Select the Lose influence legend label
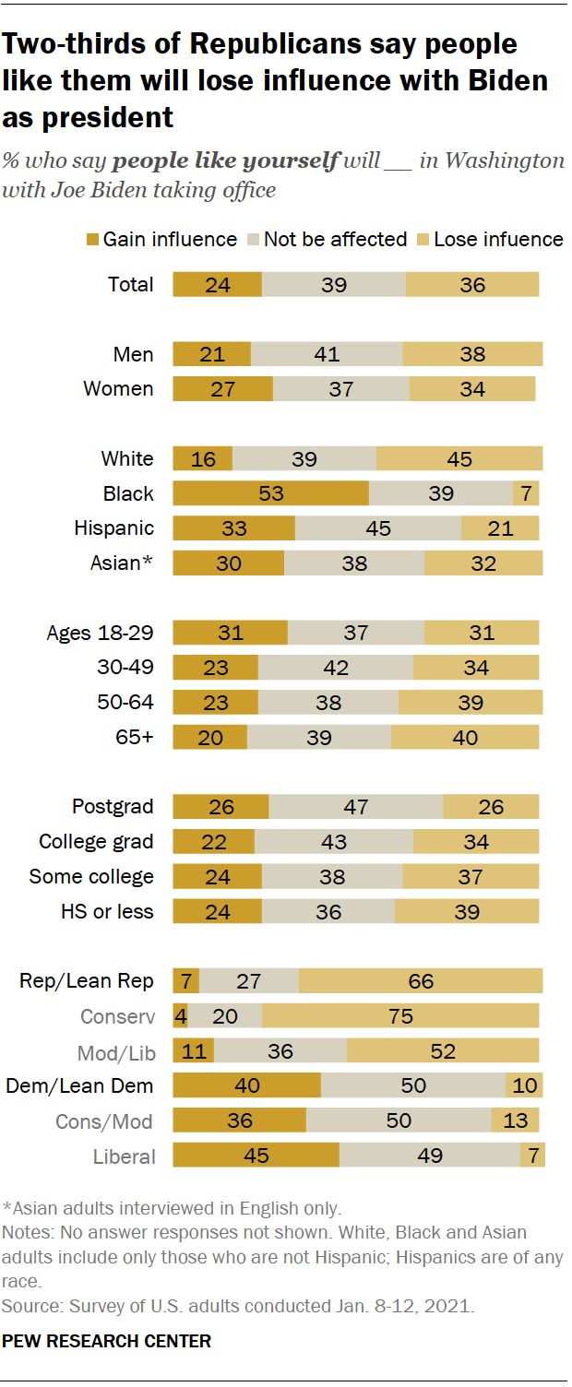click(x=498, y=240)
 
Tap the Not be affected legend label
click(x=335, y=240)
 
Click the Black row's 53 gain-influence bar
click(x=270, y=493)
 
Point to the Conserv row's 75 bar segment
click(x=400, y=1016)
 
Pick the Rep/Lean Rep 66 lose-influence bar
click(x=421, y=981)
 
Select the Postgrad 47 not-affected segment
click(x=355, y=807)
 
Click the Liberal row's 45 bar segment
click(x=256, y=1156)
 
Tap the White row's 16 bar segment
click(x=202, y=459)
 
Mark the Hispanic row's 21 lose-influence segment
click(x=501, y=528)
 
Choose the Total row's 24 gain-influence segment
click(x=217, y=285)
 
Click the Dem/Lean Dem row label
click(x=80, y=1085)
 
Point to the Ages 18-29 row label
click(x=101, y=633)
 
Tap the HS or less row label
click(x=104, y=911)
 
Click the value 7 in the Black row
click(x=526, y=493)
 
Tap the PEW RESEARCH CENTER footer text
click(x=107, y=1341)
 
